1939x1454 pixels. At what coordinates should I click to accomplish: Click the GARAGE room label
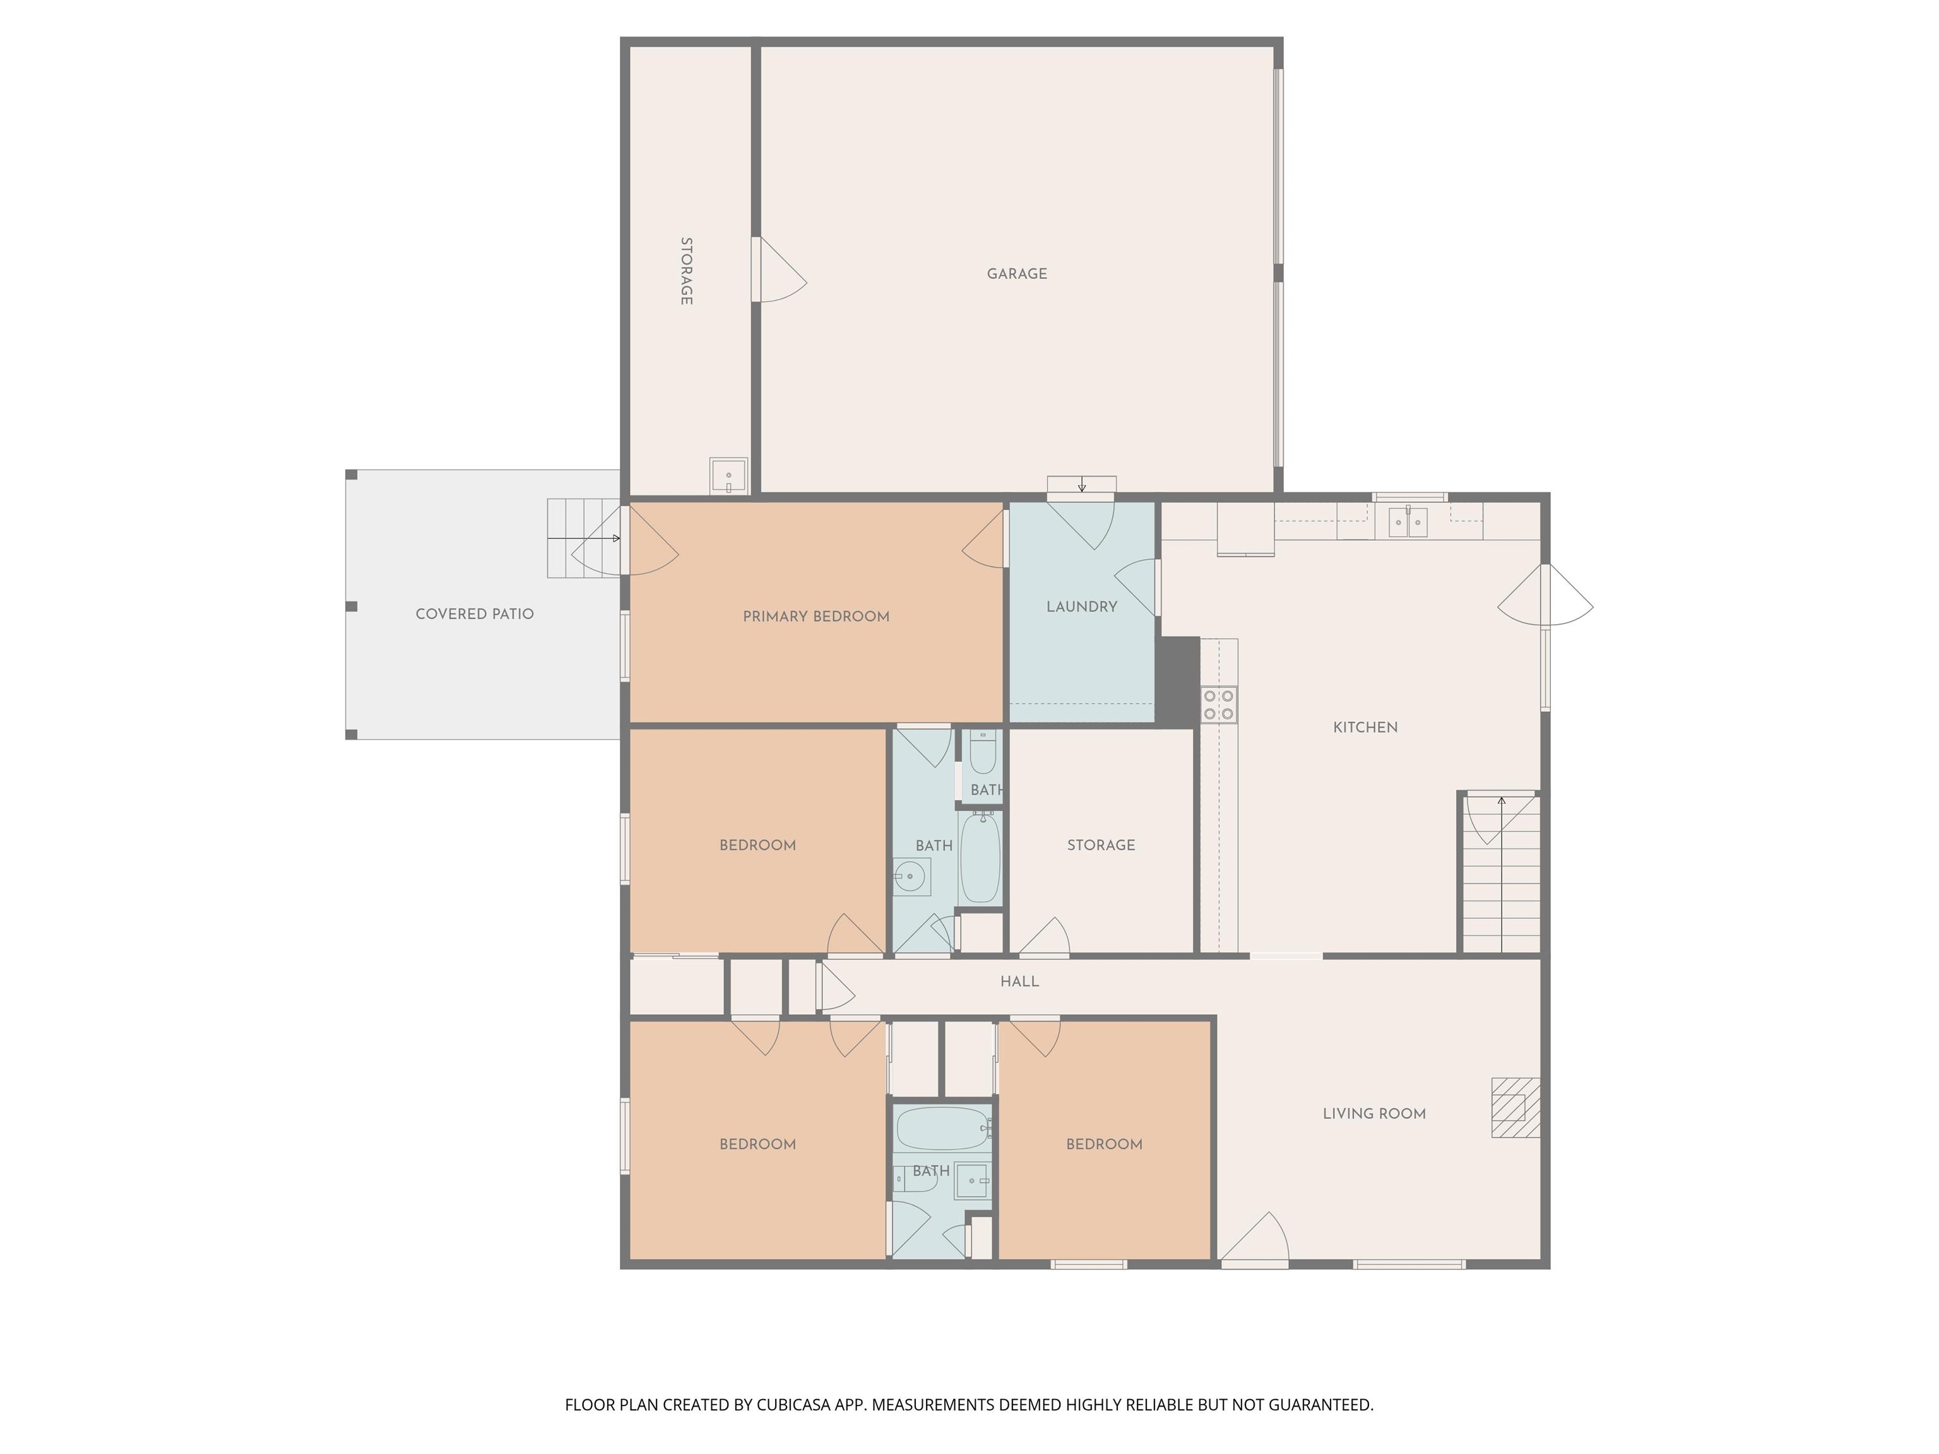point(1017,273)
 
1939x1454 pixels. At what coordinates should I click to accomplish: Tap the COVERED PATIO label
point(474,613)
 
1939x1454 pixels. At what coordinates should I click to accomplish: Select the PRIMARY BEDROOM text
point(816,616)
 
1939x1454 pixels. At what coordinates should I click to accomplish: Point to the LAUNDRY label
point(1082,606)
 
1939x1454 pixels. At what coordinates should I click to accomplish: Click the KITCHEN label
point(1365,726)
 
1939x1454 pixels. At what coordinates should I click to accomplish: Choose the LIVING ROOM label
point(1373,1113)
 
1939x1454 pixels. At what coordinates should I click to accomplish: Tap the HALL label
point(1019,981)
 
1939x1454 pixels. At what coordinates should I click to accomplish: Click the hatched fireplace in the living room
point(1515,1107)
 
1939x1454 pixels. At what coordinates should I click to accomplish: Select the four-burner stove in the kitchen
point(1218,705)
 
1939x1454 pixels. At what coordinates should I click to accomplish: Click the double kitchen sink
point(1408,521)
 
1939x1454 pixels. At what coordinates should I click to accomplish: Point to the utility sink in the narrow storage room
point(728,476)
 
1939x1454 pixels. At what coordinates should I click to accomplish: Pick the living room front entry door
point(1254,1239)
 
